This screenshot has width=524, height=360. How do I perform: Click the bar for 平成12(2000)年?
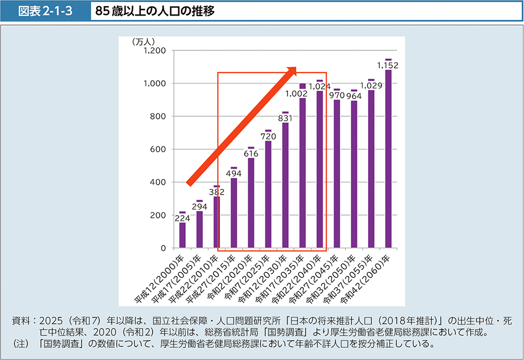[182, 235]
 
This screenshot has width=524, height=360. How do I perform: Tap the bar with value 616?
[251, 203]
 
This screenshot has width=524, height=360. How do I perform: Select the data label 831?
[285, 118]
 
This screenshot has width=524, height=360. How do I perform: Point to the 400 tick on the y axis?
[159, 182]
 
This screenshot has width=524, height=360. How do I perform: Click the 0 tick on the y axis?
[164, 248]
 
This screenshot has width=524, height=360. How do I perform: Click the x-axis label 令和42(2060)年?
[370, 276]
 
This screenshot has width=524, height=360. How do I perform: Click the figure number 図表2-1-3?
[46, 11]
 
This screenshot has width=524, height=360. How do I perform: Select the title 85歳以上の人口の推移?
[155, 11]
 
